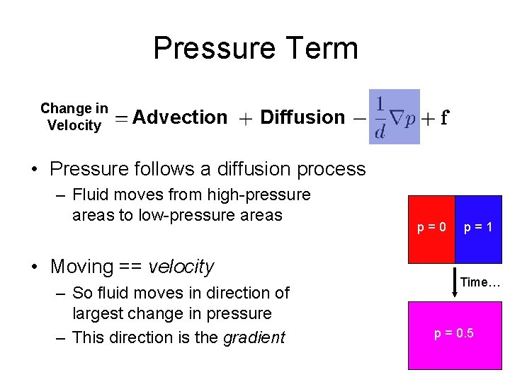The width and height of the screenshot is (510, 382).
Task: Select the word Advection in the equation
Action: click(180, 117)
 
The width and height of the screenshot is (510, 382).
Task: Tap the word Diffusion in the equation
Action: click(302, 117)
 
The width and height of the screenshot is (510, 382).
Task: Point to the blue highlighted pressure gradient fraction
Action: click(394, 117)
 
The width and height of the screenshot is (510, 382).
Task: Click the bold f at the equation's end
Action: click(444, 118)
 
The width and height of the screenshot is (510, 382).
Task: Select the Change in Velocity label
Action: click(74, 117)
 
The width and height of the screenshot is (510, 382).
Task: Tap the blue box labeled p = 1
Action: click(479, 228)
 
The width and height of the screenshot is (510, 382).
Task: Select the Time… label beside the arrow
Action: click(480, 282)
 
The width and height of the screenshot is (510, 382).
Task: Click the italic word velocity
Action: click(181, 267)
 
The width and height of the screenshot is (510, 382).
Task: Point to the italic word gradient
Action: click(254, 337)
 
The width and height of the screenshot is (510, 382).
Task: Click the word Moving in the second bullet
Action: click(81, 267)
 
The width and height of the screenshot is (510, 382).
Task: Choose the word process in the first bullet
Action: click(331, 170)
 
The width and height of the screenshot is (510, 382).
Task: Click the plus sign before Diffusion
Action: click(245, 119)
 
